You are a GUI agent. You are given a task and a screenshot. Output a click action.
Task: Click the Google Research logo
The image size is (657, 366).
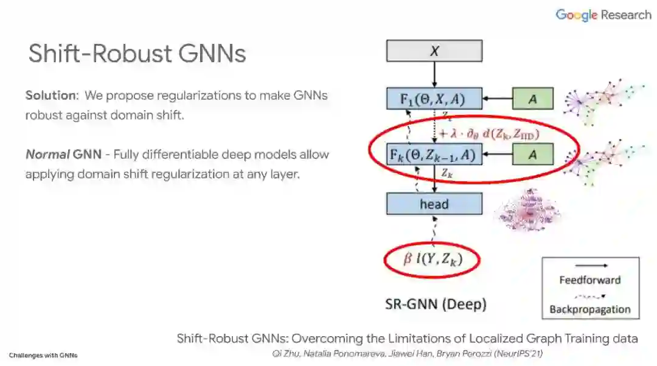click(x=603, y=15)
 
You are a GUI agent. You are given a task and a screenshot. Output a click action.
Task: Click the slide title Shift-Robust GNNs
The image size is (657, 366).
click(x=137, y=54)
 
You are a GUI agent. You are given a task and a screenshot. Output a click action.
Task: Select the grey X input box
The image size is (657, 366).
click(x=434, y=51)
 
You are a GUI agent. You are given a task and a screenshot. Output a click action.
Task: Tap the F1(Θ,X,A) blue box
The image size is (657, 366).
click(x=434, y=99)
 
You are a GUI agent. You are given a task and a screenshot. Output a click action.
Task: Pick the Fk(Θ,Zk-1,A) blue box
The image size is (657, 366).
click(x=434, y=155)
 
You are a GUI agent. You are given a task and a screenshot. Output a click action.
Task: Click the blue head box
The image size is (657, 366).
click(x=434, y=204)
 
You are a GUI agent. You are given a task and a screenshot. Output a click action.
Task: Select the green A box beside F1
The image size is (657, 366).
click(x=532, y=99)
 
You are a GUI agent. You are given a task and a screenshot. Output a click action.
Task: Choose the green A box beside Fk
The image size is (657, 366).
click(x=532, y=155)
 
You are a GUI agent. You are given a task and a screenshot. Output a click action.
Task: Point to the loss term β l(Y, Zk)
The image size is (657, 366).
click(x=433, y=260)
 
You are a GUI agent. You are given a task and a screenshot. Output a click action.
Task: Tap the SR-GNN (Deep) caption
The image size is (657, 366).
click(x=436, y=303)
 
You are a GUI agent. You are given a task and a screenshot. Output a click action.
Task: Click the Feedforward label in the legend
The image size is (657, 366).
click(x=589, y=280)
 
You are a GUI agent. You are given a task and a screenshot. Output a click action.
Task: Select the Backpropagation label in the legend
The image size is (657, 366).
click(x=589, y=309)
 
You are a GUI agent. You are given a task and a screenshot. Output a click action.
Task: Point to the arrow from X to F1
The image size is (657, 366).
click(x=434, y=74)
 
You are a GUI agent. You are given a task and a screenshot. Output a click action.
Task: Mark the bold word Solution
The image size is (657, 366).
click(x=52, y=96)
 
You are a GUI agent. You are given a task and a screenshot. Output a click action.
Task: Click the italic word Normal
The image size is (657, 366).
click(x=47, y=154)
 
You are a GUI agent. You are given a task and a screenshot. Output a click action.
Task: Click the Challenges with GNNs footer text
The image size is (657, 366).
click(x=43, y=355)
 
